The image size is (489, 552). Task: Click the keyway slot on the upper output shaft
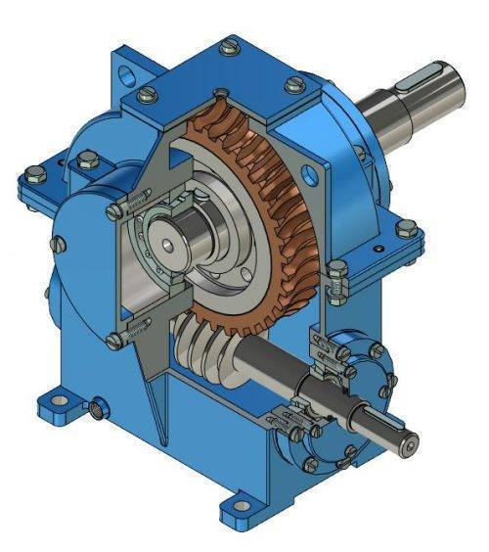(x=431, y=75)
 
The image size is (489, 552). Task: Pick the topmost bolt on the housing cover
(x=229, y=45)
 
